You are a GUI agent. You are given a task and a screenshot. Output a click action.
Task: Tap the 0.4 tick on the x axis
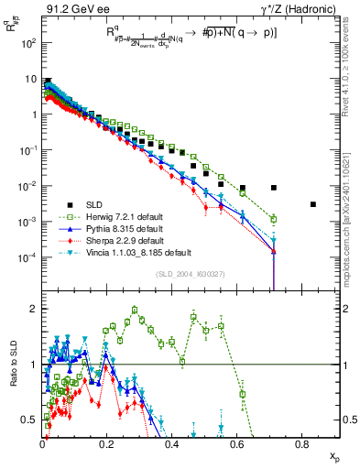point(173,443)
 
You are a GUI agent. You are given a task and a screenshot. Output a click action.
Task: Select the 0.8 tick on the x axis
point(303,443)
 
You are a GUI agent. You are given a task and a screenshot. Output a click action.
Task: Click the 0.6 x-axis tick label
point(238,443)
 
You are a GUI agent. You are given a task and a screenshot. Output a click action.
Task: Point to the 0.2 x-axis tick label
point(108,443)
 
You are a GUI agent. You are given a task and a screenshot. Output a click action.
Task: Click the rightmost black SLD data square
point(312,204)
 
